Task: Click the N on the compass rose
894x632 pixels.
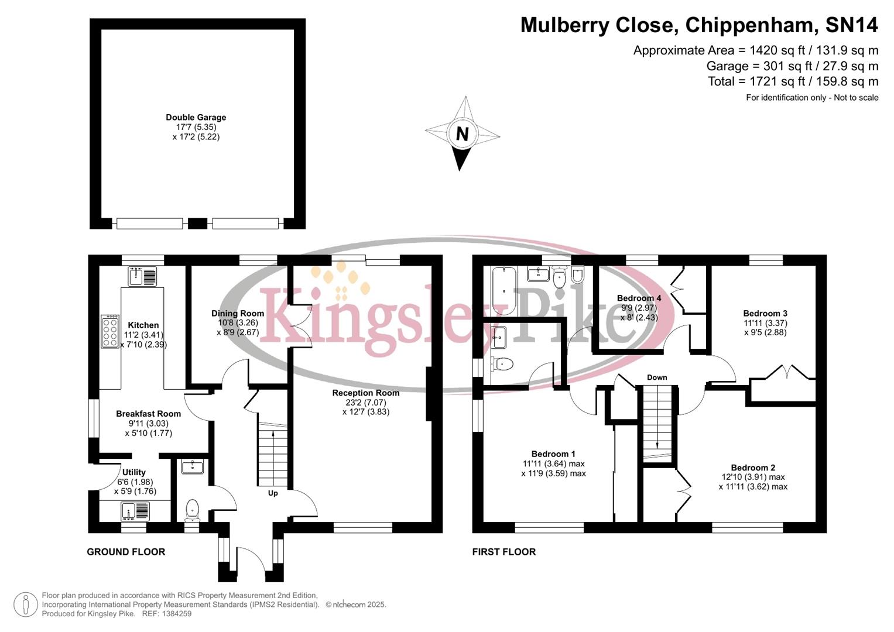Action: point(462,134)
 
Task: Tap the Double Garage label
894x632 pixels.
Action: point(196,118)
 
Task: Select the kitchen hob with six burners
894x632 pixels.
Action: point(109,332)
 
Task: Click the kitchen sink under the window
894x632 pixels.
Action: point(142,276)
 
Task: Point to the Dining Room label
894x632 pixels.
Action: point(238,314)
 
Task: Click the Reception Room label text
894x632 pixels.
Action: point(365,393)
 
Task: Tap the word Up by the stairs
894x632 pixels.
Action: point(273,493)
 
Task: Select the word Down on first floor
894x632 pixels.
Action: point(657,377)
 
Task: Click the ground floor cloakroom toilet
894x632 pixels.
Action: point(192,509)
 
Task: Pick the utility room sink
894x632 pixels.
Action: point(135,511)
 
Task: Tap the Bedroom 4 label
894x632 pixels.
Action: point(639,298)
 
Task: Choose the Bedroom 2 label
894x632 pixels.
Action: point(753,468)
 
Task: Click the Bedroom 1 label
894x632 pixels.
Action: point(553,454)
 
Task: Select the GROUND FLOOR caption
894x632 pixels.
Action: point(126,552)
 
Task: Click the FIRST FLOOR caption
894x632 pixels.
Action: point(504,552)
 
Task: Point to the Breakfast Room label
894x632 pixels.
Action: point(148,414)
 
